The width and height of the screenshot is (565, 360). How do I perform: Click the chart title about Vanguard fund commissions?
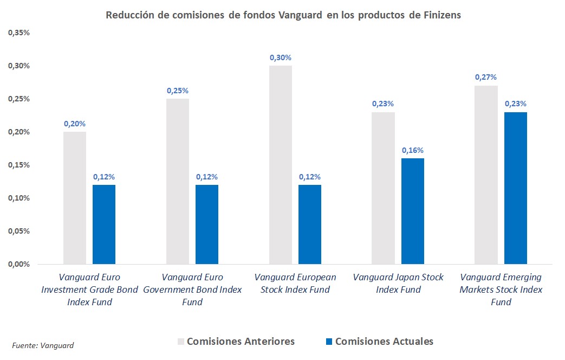coord(283,15)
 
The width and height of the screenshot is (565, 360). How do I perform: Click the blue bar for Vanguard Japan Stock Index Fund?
coord(412,211)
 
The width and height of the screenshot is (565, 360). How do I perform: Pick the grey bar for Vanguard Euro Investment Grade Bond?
coord(75,198)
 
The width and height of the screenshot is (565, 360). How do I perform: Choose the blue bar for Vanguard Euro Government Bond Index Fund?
coord(206,224)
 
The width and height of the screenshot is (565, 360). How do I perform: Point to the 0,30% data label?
coord(280,57)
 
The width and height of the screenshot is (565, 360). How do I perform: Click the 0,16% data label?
coord(412,150)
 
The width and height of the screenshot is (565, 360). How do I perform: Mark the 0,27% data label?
coord(486,77)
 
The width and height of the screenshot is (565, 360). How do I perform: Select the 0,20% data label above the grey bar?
coord(75,124)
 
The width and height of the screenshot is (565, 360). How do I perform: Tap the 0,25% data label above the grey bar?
coord(177,91)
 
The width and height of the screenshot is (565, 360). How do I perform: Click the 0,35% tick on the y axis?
coord(18,33)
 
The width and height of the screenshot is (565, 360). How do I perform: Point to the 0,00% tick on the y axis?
coord(18,264)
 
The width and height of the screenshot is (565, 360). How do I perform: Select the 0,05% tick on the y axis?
coord(18,231)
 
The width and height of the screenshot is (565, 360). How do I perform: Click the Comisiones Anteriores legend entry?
coord(236,342)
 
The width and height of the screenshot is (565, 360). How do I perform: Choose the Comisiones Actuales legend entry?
coord(379,342)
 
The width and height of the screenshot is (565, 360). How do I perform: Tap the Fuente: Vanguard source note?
coord(43,345)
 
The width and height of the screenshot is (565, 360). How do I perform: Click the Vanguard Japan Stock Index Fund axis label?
coord(398,284)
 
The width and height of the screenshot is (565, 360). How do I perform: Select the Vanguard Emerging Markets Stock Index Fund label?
coord(501,290)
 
